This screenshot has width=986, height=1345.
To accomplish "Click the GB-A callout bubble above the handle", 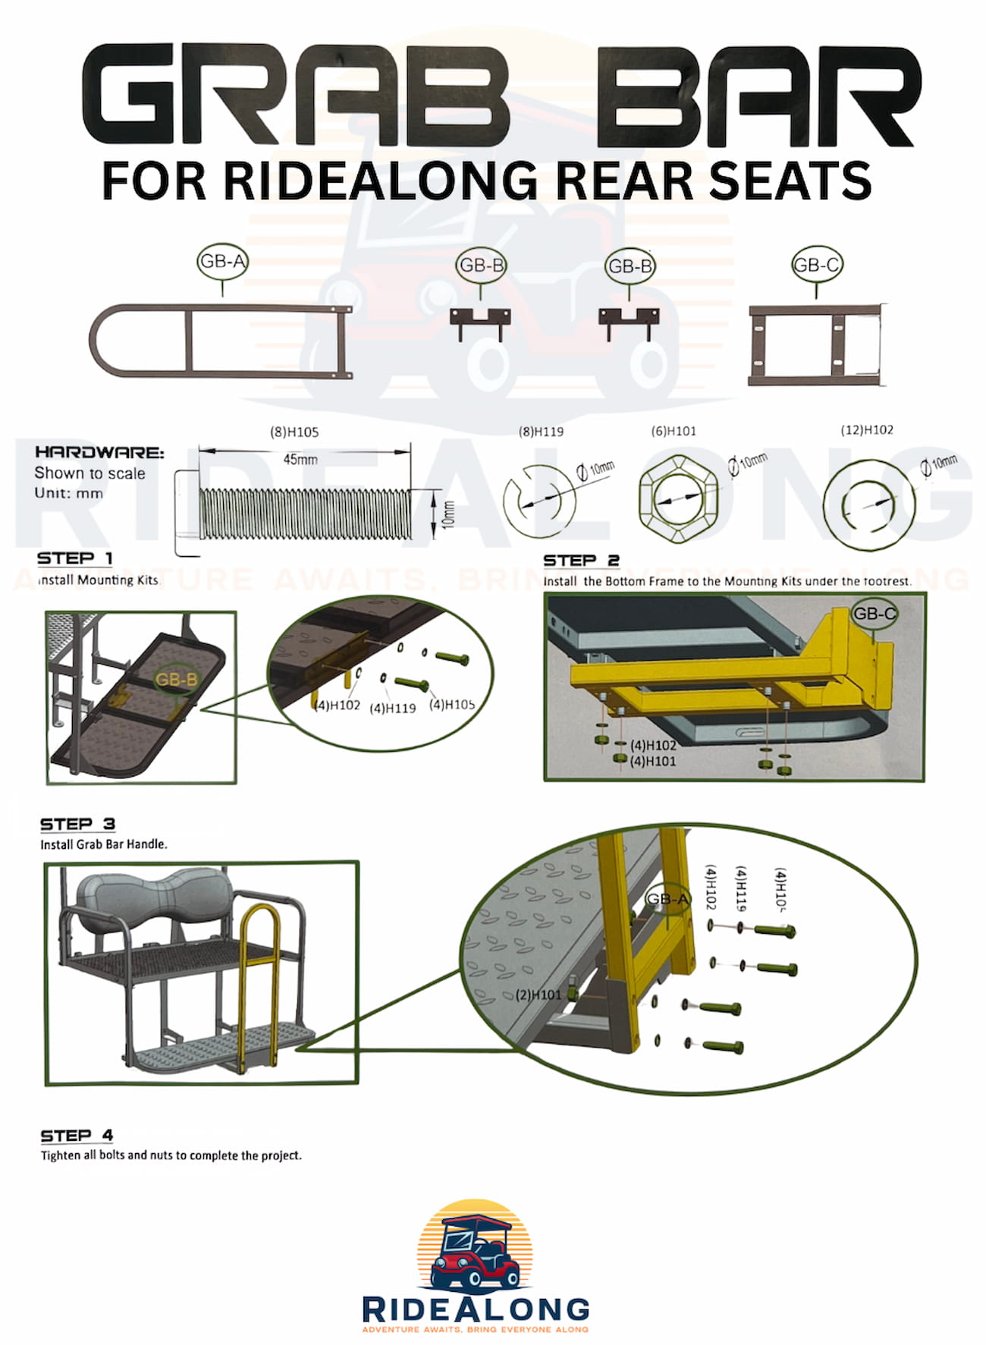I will (x=221, y=262).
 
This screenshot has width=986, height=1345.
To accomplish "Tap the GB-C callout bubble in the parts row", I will (x=816, y=265).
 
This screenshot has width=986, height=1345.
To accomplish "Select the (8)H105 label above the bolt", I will (x=294, y=432).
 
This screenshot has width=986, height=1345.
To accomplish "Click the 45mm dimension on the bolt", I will (x=300, y=460).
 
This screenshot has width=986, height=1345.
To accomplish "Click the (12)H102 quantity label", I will (x=867, y=430).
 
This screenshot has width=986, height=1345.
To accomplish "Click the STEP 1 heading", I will (x=74, y=558).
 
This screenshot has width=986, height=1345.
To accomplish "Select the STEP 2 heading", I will (x=581, y=561).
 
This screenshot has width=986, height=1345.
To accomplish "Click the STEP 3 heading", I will (x=77, y=824).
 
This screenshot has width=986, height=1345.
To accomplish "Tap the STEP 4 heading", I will (x=77, y=1136).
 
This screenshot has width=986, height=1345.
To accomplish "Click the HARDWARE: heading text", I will (x=99, y=452).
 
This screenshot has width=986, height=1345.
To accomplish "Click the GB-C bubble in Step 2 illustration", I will (x=874, y=613).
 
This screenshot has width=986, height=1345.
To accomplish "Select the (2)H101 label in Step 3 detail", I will (x=538, y=995).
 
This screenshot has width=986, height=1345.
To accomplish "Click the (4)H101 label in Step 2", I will (x=652, y=761).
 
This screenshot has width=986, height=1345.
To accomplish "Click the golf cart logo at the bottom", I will (x=475, y=1246).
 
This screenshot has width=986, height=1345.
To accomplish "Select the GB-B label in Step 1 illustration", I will (x=176, y=680).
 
